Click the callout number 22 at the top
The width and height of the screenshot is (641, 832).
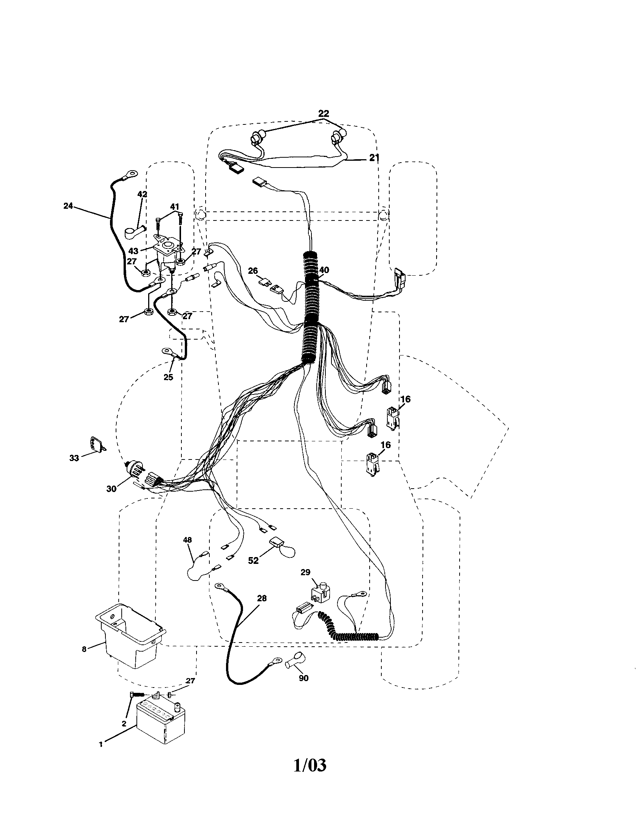tap(324, 113)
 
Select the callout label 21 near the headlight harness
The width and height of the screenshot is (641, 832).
tap(374, 157)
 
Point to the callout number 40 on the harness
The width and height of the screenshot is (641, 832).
tap(324, 270)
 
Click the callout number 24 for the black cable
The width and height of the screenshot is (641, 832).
tap(68, 206)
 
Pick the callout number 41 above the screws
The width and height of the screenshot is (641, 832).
tap(174, 206)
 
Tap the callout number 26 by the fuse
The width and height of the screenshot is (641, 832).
tap(253, 271)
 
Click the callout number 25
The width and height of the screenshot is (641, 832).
tap(168, 377)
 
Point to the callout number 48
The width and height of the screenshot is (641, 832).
tap(187, 540)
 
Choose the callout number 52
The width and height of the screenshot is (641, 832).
tap(253, 560)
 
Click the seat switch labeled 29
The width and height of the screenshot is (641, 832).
tap(319, 593)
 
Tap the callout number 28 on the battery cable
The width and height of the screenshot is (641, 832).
tap(262, 598)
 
